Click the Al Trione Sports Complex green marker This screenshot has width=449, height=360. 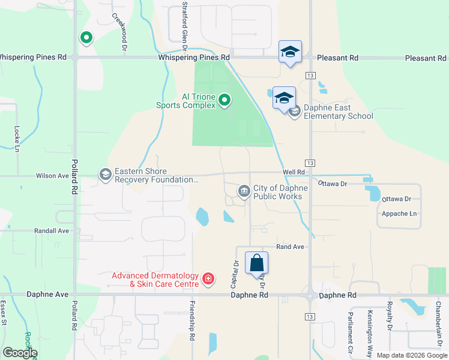[x=224, y=100]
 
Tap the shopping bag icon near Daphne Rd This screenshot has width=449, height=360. [x=256, y=263]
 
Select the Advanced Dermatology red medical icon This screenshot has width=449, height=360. [x=208, y=278]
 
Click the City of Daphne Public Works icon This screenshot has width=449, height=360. [x=244, y=191]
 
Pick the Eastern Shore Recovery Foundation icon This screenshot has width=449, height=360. [x=105, y=175]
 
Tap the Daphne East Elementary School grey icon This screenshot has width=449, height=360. [x=294, y=111]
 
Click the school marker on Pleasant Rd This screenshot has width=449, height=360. [x=290, y=52]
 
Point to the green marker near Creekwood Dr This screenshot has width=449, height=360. [x=86, y=38]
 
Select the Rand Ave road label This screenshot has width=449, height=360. [x=291, y=247]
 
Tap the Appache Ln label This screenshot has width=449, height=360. [x=399, y=214]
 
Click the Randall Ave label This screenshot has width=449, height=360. [x=52, y=230]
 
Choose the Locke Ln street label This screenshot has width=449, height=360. [x=17, y=137]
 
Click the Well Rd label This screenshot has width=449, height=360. [x=294, y=172]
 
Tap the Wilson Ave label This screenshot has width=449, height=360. [x=52, y=176]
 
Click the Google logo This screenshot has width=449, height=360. [x=20, y=353]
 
